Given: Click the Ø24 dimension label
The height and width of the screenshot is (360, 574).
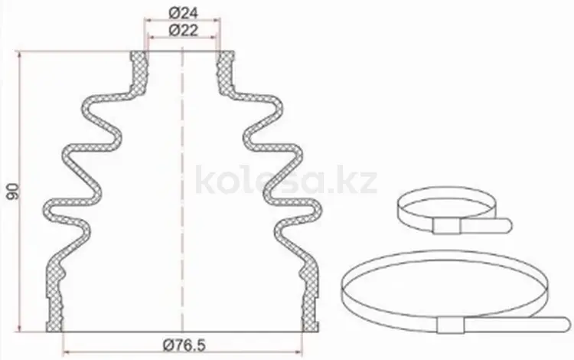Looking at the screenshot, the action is tap(183, 14).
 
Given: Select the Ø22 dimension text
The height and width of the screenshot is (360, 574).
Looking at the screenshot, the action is tap(183, 30).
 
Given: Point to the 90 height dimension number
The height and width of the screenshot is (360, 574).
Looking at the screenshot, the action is tap(14, 191).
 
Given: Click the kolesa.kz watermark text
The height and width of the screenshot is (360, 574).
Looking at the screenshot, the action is tap(286, 179).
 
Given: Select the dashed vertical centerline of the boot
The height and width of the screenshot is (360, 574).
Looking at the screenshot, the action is tap(182, 191).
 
